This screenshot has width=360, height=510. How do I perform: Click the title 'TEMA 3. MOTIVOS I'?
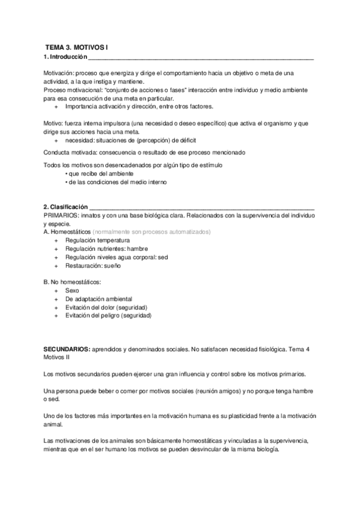click(x=76, y=46)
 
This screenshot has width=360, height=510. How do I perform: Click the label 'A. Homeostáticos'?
click(x=68, y=232)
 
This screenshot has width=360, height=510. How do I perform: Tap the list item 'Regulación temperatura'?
click(x=93, y=240)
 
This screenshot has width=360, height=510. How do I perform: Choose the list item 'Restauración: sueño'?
click(x=90, y=265)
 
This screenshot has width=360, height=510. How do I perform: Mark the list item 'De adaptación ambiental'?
click(x=99, y=298)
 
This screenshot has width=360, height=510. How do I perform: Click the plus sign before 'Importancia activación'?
click(x=56, y=106)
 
